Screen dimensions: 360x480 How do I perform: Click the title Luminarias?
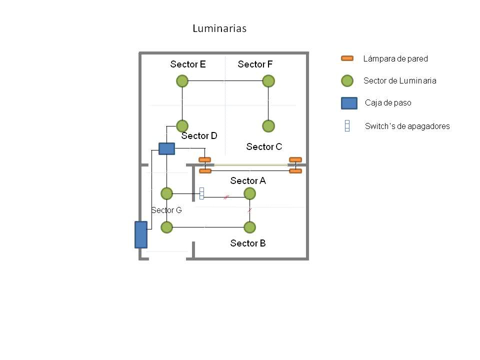219,28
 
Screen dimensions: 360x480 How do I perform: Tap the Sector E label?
188,64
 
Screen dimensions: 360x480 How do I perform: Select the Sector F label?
255,64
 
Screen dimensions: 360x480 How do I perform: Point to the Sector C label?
264,146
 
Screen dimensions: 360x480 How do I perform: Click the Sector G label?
166,210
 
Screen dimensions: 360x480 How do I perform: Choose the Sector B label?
248,243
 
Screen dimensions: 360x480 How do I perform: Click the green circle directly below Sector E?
182,81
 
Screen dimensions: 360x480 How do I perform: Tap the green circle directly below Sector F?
268,81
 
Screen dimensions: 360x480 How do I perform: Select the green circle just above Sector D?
182,125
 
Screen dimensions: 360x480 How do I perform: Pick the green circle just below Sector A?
249,193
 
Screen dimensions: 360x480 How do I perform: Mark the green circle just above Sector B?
249,227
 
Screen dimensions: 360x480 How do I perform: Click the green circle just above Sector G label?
166,193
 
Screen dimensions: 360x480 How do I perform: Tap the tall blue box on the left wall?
141,234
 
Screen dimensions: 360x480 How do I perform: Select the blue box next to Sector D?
166,148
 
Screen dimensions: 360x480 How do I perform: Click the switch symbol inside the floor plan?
202,193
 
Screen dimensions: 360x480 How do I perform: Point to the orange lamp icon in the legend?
347,58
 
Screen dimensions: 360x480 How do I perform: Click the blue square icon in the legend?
349,103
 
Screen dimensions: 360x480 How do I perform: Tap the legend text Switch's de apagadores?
407,126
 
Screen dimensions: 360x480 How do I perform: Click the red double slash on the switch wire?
226,197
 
